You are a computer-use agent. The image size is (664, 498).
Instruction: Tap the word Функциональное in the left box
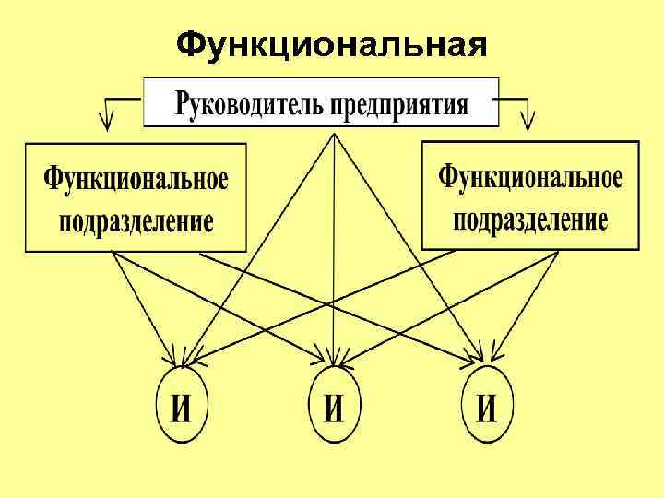coord(136,178)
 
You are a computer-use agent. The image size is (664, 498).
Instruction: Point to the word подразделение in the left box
coord(136,221)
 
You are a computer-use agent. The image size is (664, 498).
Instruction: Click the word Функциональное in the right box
coord(530,176)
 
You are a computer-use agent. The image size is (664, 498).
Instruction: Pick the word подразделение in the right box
coord(530,219)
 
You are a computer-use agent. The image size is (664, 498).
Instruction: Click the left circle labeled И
coord(182,405)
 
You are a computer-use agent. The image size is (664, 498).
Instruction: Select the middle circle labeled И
coord(333,405)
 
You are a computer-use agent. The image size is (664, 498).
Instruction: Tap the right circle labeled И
coord(486,405)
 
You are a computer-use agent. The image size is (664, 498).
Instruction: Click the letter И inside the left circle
coord(182,406)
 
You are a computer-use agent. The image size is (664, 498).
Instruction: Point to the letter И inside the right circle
coord(487,406)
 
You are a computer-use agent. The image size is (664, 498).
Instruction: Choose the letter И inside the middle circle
coord(333,406)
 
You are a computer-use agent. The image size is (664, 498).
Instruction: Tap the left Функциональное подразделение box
coord(136,197)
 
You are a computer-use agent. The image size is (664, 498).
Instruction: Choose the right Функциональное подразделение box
coord(530,196)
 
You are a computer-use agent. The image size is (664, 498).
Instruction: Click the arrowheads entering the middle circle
coord(333,357)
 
